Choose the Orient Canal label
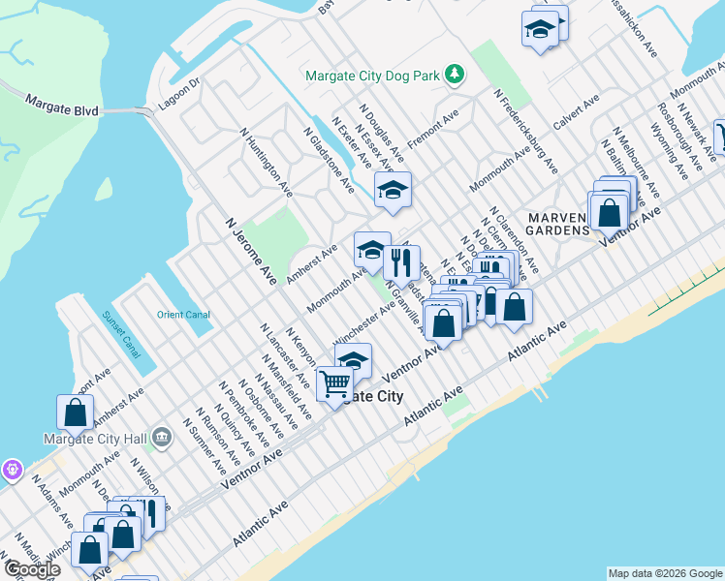pos(182,313)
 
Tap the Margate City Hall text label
pos(95,438)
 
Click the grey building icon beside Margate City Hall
pos(161,438)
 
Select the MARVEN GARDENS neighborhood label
pos(557,223)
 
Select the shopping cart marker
pos(335,383)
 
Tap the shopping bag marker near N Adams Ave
pos(75,413)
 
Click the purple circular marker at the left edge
pos(11,471)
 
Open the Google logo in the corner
pos(32,569)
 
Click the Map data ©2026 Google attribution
pos(664,573)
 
